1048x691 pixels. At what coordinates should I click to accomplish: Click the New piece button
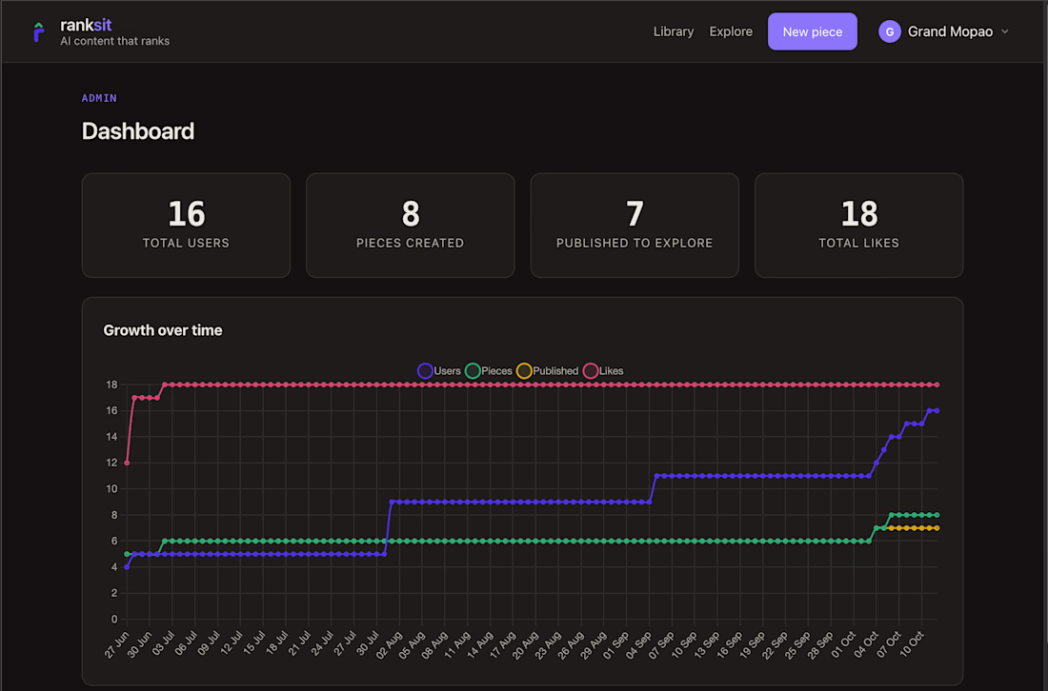pos(812,31)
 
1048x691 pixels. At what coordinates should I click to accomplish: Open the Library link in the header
pos(673,31)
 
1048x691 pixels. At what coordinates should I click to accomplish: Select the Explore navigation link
pos(731,31)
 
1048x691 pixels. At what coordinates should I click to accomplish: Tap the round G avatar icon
pos(890,31)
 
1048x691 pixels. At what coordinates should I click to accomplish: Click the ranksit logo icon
pos(39,31)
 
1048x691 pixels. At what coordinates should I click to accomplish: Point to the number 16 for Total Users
pos(187,213)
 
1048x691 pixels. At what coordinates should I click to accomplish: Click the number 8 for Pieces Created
pos(411,213)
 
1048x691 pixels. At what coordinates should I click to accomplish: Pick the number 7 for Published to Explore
pos(635,213)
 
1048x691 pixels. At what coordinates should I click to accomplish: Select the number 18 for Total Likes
pos(858,213)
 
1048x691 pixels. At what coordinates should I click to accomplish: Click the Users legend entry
pos(439,371)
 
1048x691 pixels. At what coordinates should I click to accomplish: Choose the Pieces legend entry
pos(489,371)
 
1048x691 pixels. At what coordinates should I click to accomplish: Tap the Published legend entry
pos(548,371)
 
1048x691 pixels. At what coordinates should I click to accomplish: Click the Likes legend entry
pos(603,371)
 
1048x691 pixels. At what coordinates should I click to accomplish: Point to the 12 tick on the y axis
pos(111,463)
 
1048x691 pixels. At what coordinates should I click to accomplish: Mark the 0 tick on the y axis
pos(114,619)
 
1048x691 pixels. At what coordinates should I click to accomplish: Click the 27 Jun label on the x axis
pos(117,645)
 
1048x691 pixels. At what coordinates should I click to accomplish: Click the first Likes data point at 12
pos(127,463)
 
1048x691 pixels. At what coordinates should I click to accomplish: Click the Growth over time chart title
pos(162,330)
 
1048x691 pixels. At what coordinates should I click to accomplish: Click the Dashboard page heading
pos(138,130)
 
